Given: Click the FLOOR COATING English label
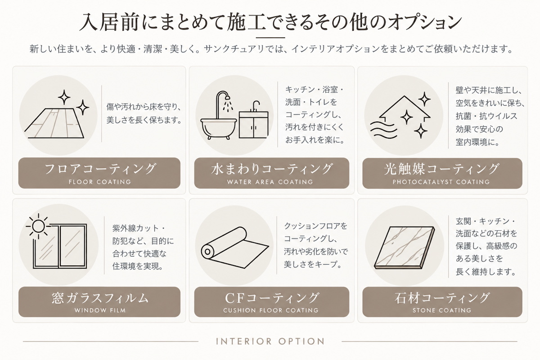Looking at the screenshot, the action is point(100,182).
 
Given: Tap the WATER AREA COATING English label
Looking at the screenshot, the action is point(270,182).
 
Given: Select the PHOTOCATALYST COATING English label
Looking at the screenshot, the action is point(441,182).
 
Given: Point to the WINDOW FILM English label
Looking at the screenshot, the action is point(100,310).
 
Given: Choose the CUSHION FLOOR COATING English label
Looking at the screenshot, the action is point(271,310).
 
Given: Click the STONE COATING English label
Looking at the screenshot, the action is point(442,310).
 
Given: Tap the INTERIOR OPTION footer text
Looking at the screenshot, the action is point(270,342).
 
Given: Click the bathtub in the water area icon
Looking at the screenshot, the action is point(219,129).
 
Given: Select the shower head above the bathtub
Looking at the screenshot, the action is point(227,99).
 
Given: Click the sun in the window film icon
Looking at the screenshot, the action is point(38,226).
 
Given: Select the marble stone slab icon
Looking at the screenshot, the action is point(404,248).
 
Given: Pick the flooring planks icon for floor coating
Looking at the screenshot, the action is point(54,123).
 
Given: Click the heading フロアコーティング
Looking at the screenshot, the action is point(100,169).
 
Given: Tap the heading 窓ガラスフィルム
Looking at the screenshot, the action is point(100,298).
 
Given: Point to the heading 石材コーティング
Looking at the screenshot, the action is point(442,298).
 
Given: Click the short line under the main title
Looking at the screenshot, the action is point(270,38).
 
